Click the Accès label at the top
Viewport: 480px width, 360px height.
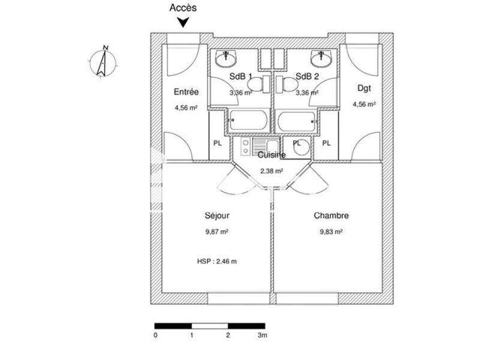(183, 8)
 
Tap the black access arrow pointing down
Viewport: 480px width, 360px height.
(184, 22)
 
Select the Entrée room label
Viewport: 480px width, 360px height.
(186, 92)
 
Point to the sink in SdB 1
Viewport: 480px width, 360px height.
(229, 58)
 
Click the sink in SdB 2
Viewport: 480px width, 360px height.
(322, 58)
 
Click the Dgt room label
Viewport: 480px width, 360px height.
(364, 88)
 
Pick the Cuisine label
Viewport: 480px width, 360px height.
(271, 155)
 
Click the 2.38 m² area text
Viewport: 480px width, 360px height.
(271, 170)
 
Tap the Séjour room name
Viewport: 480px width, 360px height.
(217, 216)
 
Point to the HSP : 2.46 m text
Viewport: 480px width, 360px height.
(217, 261)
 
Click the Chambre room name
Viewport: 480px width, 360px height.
(331, 216)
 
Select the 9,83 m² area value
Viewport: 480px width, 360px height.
(331, 232)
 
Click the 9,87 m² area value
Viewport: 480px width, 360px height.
(217, 232)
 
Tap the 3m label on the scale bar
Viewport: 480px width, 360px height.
(262, 335)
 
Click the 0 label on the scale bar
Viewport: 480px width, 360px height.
(155, 335)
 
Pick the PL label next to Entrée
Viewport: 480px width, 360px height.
(217, 143)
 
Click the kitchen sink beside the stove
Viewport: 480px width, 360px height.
(264, 146)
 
